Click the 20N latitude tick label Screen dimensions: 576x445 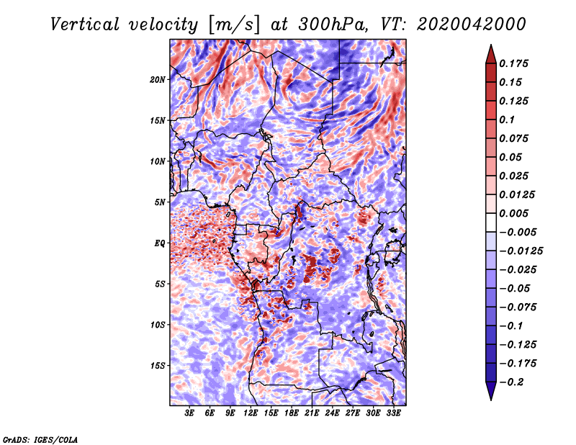(158, 79)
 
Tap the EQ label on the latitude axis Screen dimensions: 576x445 (159, 243)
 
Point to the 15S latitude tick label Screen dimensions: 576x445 (158, 366)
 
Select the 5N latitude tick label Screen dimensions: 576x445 (160, 202)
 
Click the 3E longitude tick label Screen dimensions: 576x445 (189, 413)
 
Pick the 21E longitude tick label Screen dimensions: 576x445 (312, 413)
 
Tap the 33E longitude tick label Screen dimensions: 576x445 (393, 413)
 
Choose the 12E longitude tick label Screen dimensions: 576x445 (251, 413)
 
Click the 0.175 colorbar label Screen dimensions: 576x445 (513, 63)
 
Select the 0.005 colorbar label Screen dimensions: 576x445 (513, 213)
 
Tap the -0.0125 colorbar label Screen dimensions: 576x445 (521, 251)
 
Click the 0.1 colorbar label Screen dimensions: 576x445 (507, 120)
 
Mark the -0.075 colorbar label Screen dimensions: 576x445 (518, 307)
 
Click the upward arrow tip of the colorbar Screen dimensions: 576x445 (491, 45)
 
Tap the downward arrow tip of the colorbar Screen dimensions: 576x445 (491, 400)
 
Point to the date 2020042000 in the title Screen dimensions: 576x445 (472, 24)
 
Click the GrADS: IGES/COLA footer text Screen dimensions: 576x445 (40, 439)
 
